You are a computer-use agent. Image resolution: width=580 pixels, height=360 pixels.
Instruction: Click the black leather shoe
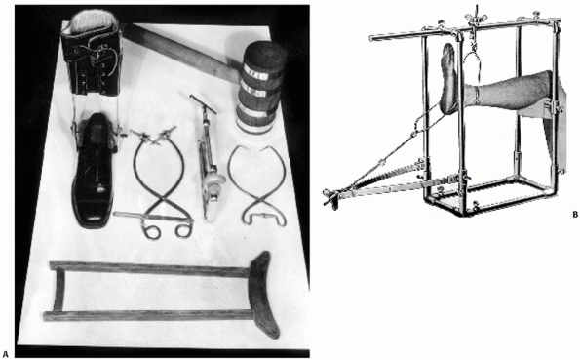[x=94, y=171]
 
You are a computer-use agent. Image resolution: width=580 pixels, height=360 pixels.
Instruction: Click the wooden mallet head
[x=262, y=86]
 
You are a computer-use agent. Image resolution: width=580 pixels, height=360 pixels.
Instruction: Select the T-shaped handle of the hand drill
[x=203, y=103]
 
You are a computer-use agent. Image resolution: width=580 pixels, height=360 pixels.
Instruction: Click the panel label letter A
[x=5, y=354]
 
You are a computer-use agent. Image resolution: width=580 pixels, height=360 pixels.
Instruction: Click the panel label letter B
[x=575, y=214]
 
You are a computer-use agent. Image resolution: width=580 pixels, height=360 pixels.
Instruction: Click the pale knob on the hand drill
[x=213, y=180]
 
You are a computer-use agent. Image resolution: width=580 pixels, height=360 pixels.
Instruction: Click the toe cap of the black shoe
[x=93, y=214]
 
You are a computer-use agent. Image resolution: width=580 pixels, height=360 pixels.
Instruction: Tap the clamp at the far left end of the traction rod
[x=330, y=197]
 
